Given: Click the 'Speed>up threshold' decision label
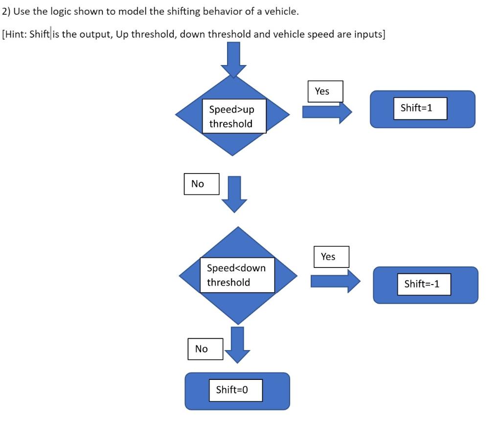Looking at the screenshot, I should (234, 116).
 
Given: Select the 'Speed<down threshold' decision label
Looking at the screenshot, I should (237, 275).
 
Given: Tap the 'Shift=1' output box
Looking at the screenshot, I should (416, 108).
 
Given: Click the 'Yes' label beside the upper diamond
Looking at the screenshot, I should (322, 91).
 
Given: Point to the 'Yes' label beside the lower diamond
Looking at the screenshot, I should (328, 257).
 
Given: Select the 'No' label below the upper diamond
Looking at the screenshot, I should (198, 184).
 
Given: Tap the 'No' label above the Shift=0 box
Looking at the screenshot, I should (201, 349).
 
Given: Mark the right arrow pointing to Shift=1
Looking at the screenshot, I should (326, 112).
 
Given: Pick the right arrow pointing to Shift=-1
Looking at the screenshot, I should (335, 281).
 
